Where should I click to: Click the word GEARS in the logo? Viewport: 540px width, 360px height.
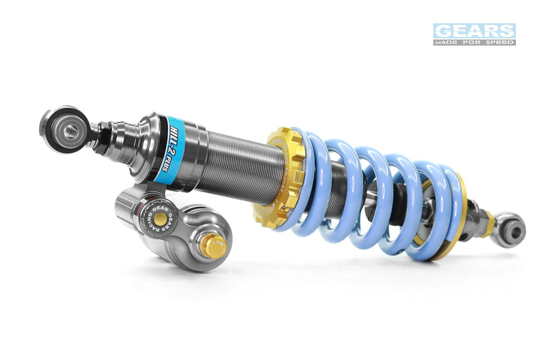[474, 31]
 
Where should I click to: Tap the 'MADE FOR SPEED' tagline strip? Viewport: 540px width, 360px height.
[474, 42]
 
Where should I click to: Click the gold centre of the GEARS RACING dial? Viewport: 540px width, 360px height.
[160, 217]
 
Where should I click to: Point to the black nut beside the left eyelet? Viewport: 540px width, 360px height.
[103, 136]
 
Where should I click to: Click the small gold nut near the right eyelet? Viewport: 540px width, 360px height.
[488, 222]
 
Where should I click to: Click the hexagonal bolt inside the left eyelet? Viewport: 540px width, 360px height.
[70, 132]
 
